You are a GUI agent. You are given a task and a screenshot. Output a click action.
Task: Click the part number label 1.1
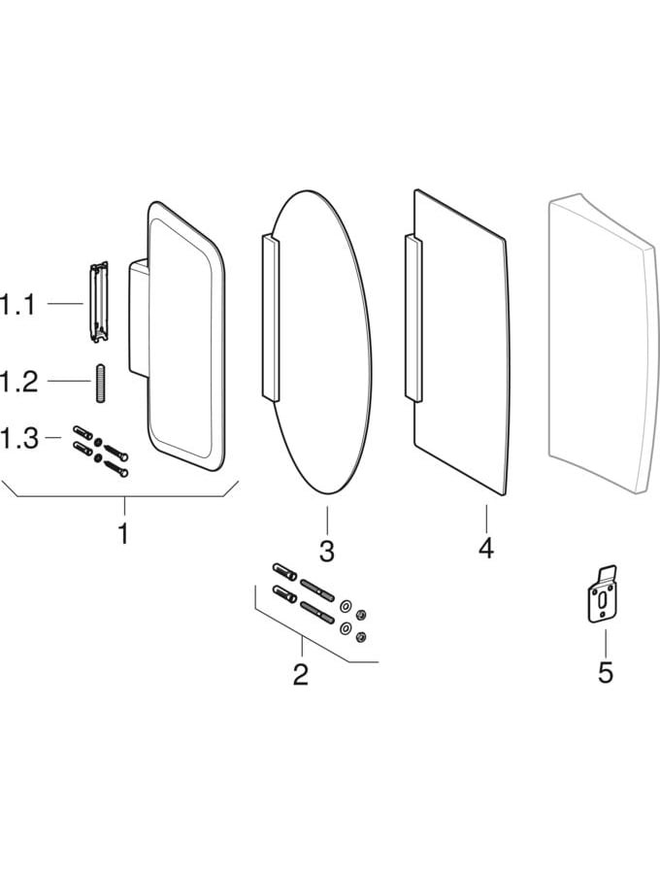17,306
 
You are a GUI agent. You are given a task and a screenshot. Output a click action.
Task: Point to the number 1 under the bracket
123,533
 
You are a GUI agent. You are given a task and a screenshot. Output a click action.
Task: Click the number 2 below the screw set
301,674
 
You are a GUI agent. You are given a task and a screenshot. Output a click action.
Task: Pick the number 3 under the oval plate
327,552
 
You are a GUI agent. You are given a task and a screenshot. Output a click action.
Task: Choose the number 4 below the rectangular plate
485,548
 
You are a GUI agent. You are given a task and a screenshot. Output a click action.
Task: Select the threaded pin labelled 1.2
99,383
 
